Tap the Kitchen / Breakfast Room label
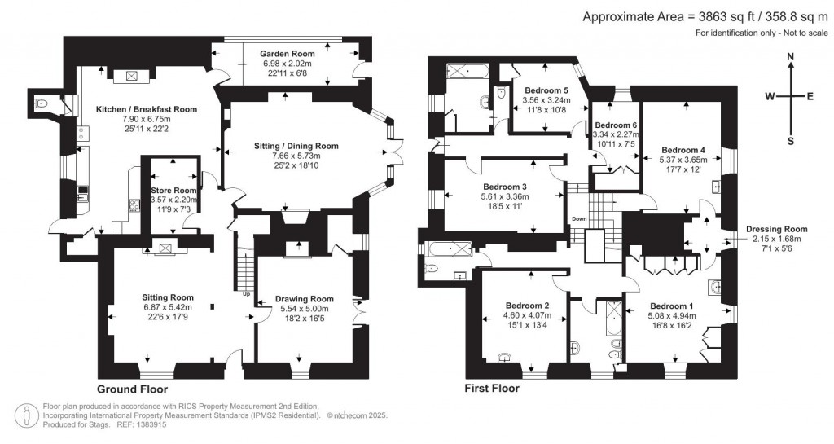pos(147,109)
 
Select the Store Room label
pos(172,191)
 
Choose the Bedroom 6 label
pos(615,125)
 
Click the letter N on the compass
pos(791,56)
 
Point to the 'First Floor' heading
pos(491,389)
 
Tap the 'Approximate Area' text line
pos(706,16)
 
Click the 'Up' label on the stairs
pos(245,294)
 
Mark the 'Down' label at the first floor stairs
pos(579,219)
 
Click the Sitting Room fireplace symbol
pos(166,248)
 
